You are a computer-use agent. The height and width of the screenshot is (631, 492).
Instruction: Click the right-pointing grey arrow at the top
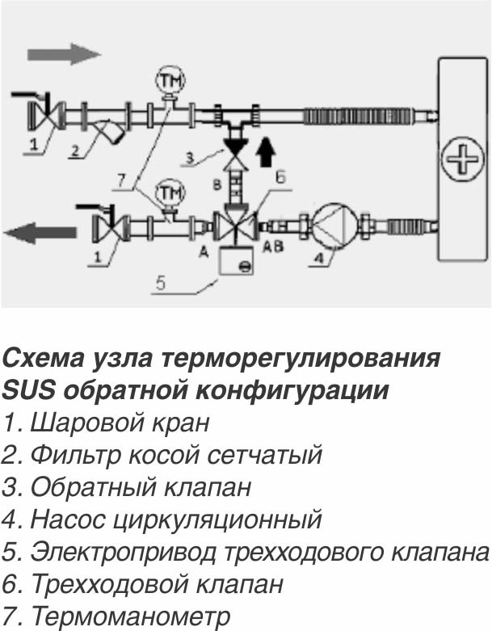click(63, 54)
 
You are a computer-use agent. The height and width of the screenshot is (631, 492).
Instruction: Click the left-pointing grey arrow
click(40, 234)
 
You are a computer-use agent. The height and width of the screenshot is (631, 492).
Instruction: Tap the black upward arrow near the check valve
click(264, 153)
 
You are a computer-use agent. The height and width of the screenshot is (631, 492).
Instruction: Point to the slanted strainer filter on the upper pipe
click(111, 129)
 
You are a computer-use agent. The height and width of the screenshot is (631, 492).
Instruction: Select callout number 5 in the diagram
click(161, 284)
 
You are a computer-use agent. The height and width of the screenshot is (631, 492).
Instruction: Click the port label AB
click(274, 248)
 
